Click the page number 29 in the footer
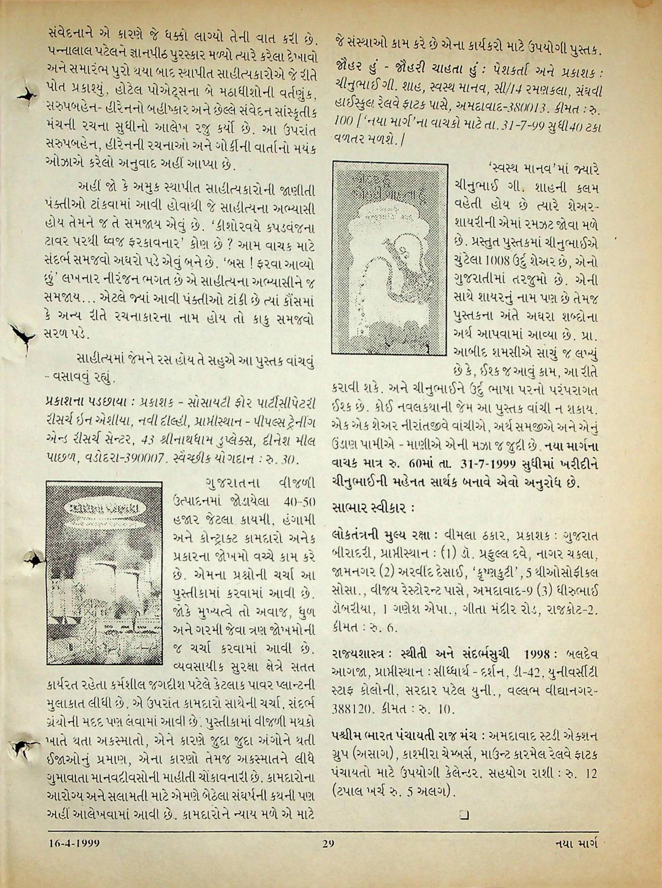(328, 843)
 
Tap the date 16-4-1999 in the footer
(74, 843)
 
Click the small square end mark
(464, 815)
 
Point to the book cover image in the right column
(390, 258)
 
